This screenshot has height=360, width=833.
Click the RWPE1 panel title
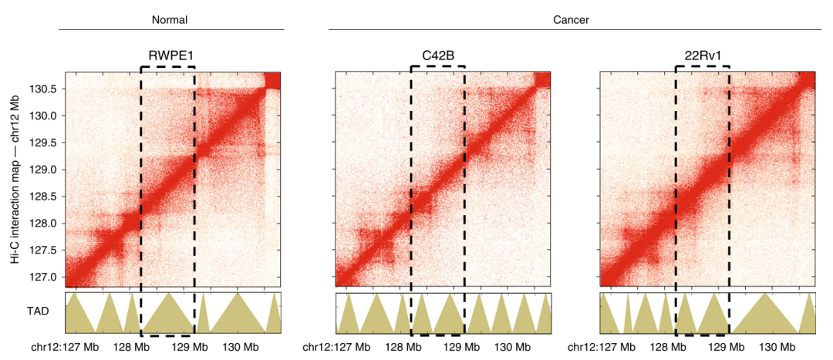click(167, 56)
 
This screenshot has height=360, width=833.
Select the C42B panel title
click(437, 56)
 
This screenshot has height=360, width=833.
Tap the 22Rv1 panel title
click(703, 56)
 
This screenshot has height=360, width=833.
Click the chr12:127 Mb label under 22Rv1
click(604, 348)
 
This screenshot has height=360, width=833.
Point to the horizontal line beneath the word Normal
click(171, 30)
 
